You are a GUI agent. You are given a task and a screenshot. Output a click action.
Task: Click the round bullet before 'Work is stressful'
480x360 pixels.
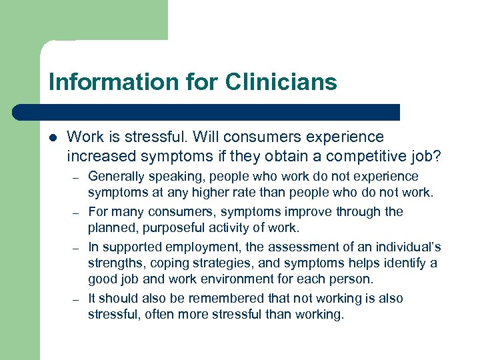pyautogui.click(x=53, y=138)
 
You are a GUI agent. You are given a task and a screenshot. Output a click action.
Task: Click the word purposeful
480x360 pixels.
pyautogui.click(x=171, y=229)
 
